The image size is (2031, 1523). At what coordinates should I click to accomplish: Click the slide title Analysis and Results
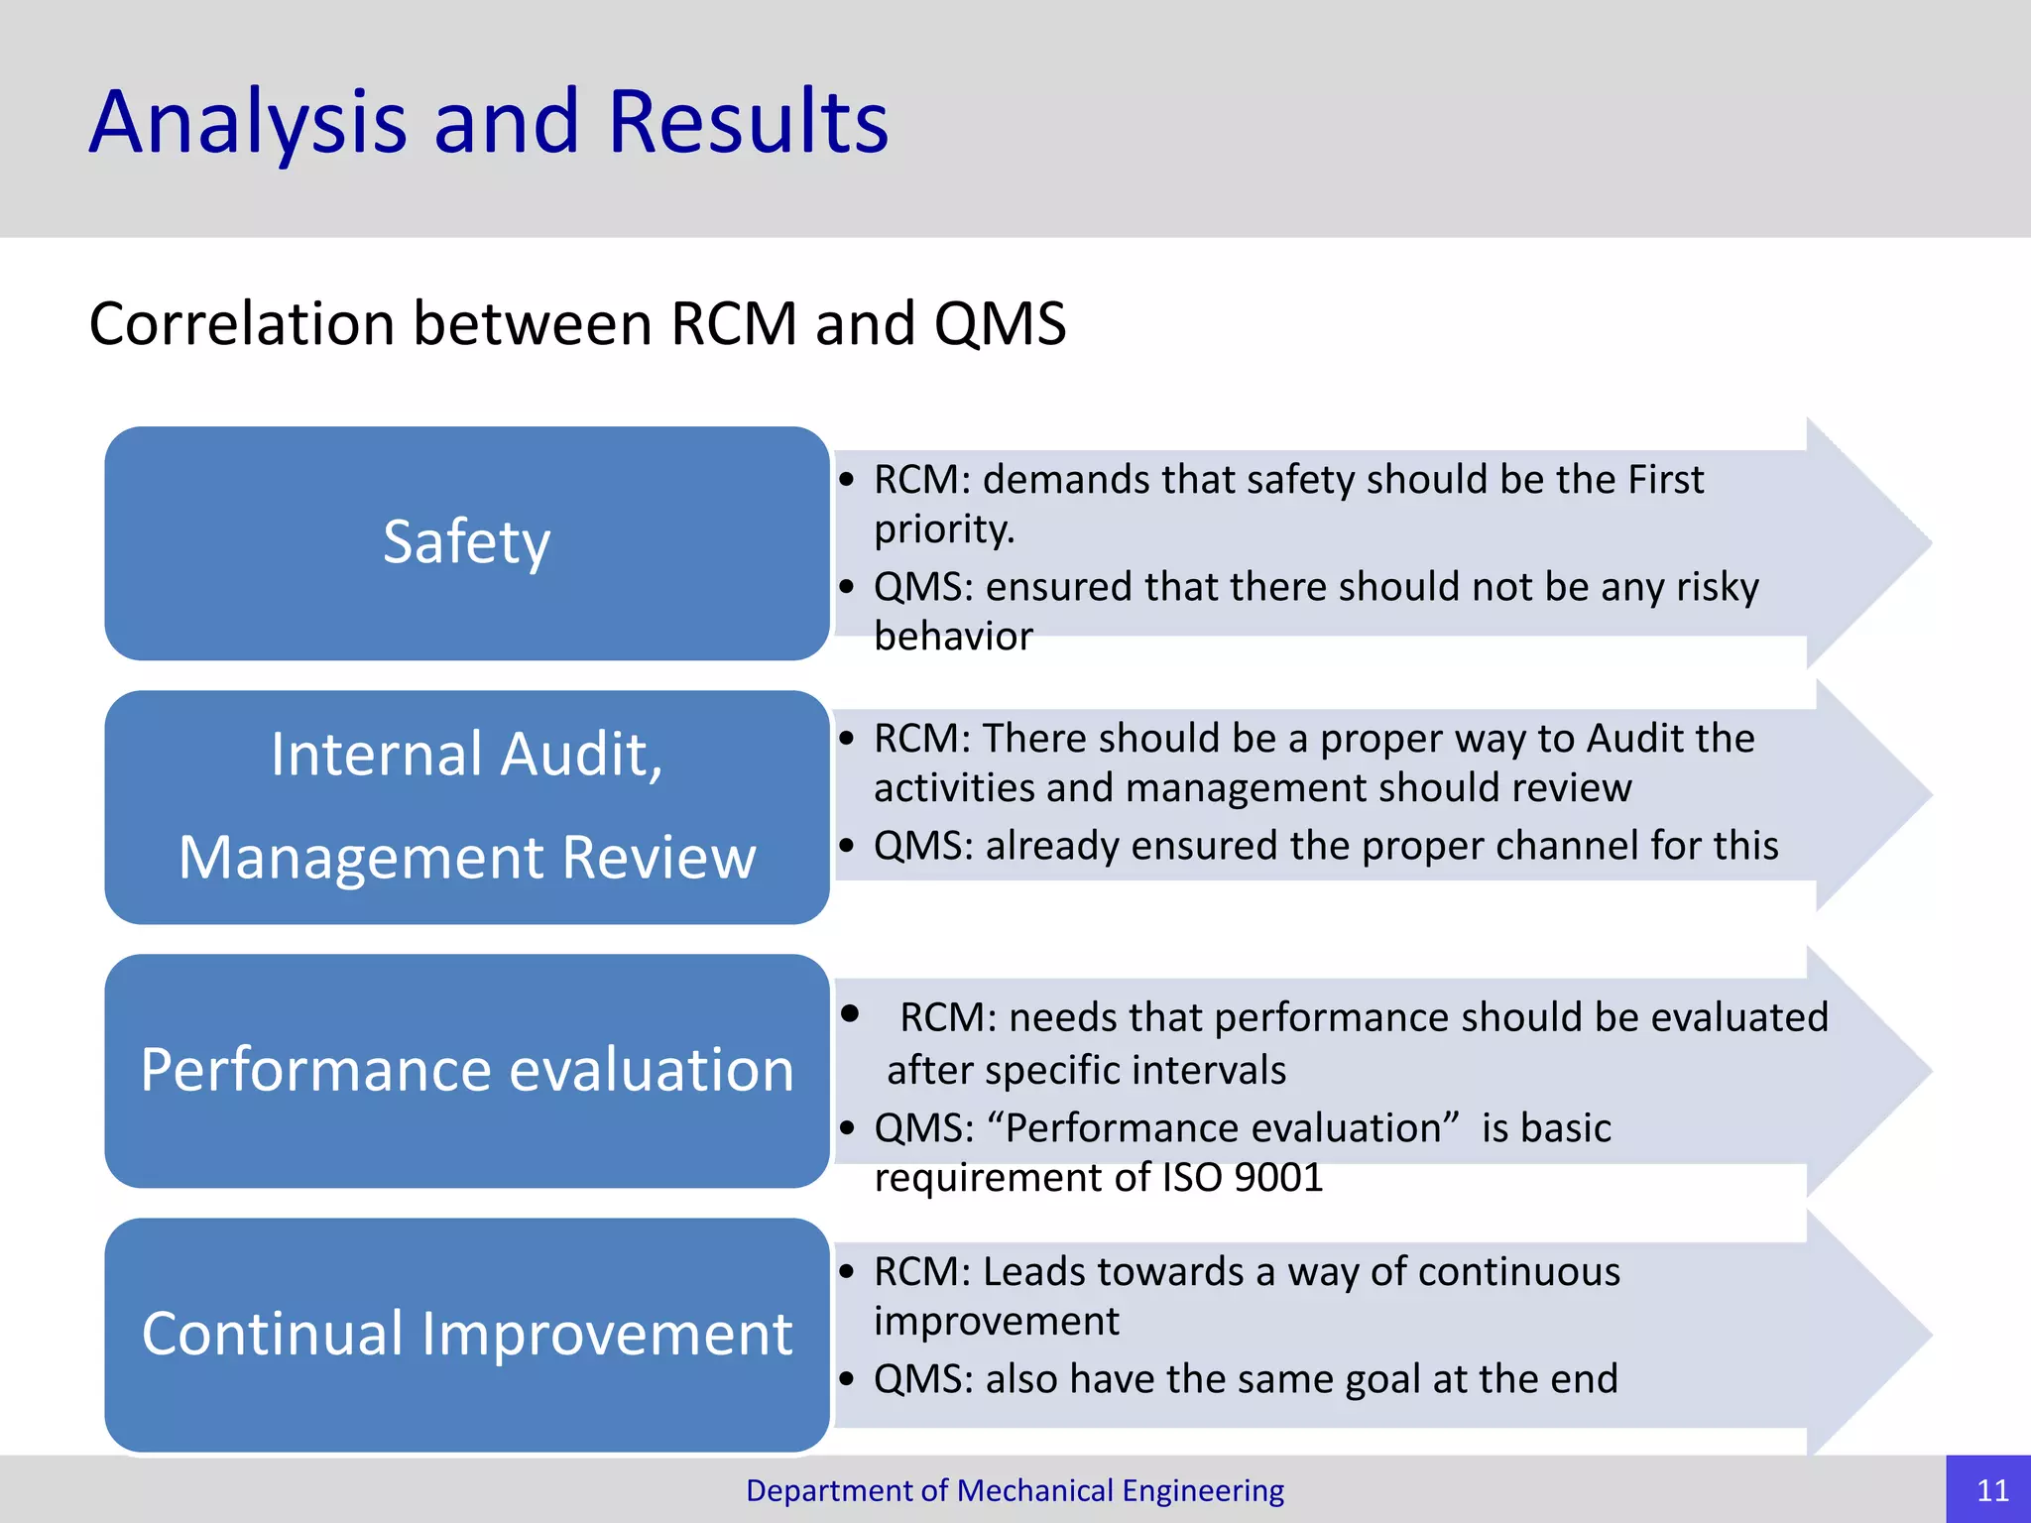point(488,122)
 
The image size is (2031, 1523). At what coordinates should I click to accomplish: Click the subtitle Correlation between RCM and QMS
point(577,324)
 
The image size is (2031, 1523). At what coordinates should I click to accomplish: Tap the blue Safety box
point(466,543)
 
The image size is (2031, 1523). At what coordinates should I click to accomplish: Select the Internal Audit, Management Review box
point(466,807)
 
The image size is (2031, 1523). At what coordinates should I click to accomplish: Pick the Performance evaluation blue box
point(466,1071)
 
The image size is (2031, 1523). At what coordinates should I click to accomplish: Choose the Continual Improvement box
point(466,1335)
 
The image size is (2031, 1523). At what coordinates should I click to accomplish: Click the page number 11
point(1991,1490)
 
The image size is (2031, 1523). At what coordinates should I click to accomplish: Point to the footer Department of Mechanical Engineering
point(1015,1490)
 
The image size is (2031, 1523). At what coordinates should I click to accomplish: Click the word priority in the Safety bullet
point(942,530)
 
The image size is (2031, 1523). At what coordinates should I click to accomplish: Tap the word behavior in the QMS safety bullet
point(953,637)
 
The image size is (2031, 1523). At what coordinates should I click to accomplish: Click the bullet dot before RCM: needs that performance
point(850,1014)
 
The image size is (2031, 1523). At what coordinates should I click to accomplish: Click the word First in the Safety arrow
point(1665,480)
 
